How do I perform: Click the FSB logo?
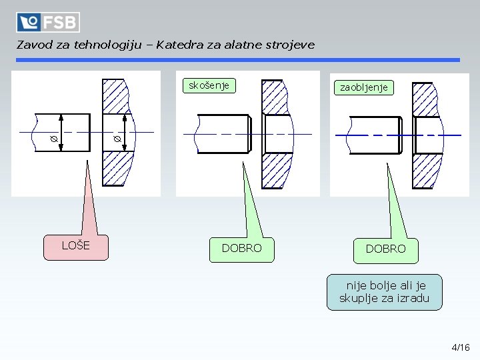click(48, 22)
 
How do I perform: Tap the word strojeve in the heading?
click(289, 46)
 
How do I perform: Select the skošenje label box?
click(209, 85)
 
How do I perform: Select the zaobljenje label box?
click(364, 87)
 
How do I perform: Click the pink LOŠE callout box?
click(75, 246)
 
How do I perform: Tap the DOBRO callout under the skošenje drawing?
click(241, 249)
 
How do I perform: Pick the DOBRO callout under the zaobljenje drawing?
click(385, 249)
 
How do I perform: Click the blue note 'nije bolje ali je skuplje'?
click(384, 292)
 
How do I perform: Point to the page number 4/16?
click(461, 347)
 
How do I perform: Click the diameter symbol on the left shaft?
click(53, 139)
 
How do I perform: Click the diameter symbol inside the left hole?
click(117, 139)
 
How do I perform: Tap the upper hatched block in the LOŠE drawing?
click(115, 95)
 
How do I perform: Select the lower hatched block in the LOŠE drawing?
click(115, 168)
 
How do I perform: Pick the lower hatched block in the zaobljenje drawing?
click(425, 171)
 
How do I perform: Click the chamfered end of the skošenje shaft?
click(249, 133)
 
